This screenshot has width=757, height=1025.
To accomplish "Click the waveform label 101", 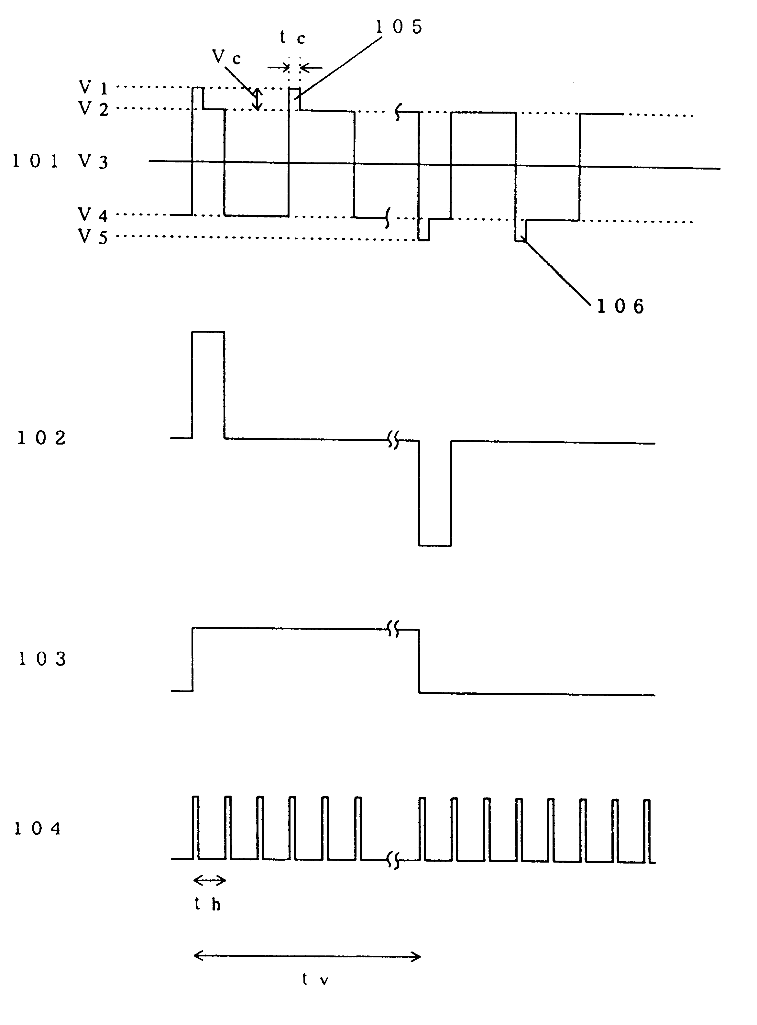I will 35,161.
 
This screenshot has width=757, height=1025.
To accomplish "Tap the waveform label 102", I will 41,438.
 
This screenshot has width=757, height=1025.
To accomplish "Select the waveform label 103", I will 42,659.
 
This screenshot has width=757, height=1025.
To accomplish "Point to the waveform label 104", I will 38,828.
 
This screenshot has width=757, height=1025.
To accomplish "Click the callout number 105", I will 399,28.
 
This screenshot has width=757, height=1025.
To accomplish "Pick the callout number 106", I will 620,306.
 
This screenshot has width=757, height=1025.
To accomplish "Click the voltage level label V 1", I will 93,87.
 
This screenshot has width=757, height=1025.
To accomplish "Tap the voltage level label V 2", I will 93,109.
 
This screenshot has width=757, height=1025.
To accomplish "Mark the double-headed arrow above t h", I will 209,880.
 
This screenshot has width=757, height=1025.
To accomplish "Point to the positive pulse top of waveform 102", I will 208,331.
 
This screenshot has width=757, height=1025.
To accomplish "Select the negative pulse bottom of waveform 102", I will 434,545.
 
